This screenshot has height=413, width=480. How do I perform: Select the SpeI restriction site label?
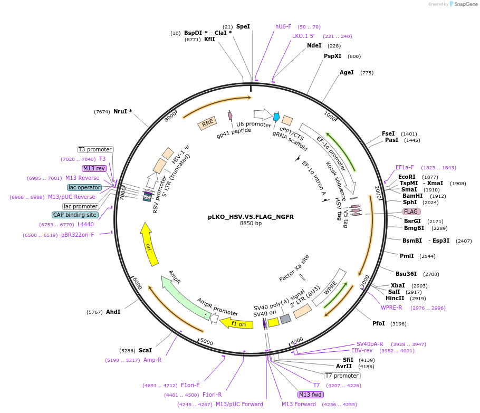(x=243, y=26)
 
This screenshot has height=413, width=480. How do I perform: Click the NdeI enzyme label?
(x=314, y=45)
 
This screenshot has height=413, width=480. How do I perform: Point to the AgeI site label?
(x=347, y=73)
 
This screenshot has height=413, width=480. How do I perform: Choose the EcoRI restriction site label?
(x=407, y=177)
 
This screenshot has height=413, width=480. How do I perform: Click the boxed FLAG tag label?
(x=411, y=212)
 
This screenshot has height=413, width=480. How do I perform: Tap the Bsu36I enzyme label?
(x=406, y=274)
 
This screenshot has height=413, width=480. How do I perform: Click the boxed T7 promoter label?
(x=342, y=376)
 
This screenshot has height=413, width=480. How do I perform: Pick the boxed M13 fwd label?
(x=311, y=395)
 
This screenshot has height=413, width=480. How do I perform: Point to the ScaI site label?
(x=145, y=350)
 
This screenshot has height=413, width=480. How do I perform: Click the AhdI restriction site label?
(x=113, y=312)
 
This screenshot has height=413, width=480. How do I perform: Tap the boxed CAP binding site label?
(x=75, y=215)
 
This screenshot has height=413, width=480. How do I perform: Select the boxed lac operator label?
(x=84, y=187)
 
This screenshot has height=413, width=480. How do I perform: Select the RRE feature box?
(x=207, y=123)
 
